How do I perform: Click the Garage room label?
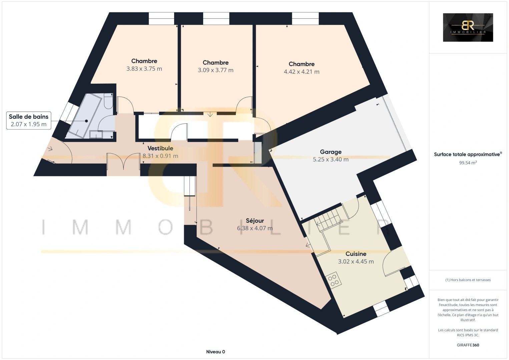(331, 152)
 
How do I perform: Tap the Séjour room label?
(255, 221)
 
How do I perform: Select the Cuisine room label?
(356, 254)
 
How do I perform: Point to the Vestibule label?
(160, 148)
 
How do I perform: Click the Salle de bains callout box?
(29, 120)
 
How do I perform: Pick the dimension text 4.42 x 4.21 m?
(302, 72)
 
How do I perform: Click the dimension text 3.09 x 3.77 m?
(215, 70)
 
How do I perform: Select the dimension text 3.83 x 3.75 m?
(144, 69)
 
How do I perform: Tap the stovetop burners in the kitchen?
(333, 280)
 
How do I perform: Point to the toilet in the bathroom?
(108, 101)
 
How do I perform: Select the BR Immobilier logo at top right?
(468, 27)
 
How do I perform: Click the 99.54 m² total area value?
(468, 163)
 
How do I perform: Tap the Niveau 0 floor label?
(215, 352)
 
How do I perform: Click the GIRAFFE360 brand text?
(468, 345)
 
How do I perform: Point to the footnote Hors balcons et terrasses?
(468, 280)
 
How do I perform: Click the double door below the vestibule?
(123, 161)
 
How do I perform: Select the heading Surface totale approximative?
(468, 154)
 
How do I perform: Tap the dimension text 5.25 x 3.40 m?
(331, 159)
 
